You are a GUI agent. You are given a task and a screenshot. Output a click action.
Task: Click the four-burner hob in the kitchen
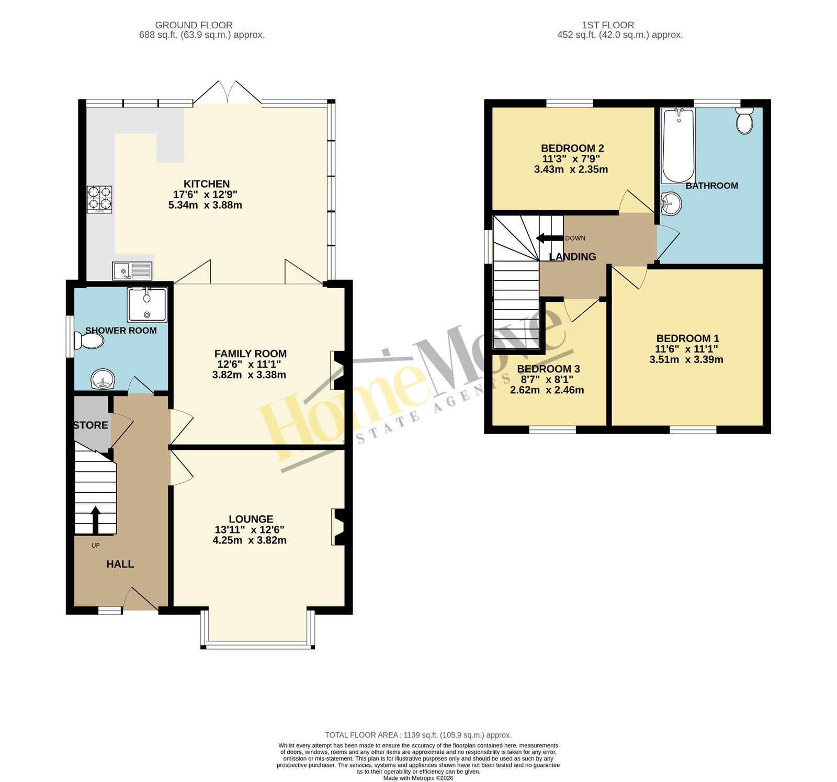99,200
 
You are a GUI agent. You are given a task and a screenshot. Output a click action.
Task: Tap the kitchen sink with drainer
132,271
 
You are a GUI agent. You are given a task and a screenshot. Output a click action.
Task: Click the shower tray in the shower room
147,304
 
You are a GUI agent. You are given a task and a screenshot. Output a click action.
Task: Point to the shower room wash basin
103,379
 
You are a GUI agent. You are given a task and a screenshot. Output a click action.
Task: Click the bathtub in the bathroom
678,145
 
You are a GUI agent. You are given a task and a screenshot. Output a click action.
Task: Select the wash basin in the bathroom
671,203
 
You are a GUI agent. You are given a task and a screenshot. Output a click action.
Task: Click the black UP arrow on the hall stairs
95,520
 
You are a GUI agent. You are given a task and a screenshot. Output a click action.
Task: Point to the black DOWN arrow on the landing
549,239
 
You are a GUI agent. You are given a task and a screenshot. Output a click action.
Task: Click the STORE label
91,425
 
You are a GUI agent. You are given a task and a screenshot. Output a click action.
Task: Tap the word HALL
120,564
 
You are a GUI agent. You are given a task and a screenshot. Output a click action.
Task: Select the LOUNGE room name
251,519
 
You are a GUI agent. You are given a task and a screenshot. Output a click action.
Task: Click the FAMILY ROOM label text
251,354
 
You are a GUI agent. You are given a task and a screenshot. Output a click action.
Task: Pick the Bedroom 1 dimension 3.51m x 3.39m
686,359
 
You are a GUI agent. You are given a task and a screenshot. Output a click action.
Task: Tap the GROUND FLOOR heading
194,25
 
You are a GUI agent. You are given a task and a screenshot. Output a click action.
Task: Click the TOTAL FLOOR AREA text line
418,735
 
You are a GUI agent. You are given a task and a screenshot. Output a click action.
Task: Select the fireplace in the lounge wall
338,527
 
